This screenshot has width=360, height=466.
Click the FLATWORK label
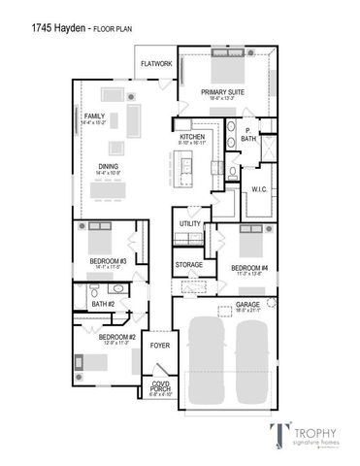pyautogui.click(x=156, y=64)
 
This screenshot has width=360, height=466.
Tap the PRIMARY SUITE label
pyautogui.click(x=222, y=92)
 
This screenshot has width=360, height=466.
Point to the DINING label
pyautogui.click(x=109, y=166)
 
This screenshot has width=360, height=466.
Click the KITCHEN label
pyautogui.click(x=192, y=138)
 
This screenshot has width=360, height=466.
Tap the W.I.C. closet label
pyautogui.click(x=259, y=188)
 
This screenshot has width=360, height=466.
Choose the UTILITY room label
pyautogui.click(x=189, y=225)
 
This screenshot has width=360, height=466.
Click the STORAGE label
pyautogui.click(x=189, y=264)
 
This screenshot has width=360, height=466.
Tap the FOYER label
pyautogui.click(x=158, y=344)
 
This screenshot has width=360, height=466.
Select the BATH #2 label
pyautogui.click(x=103, y=305)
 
